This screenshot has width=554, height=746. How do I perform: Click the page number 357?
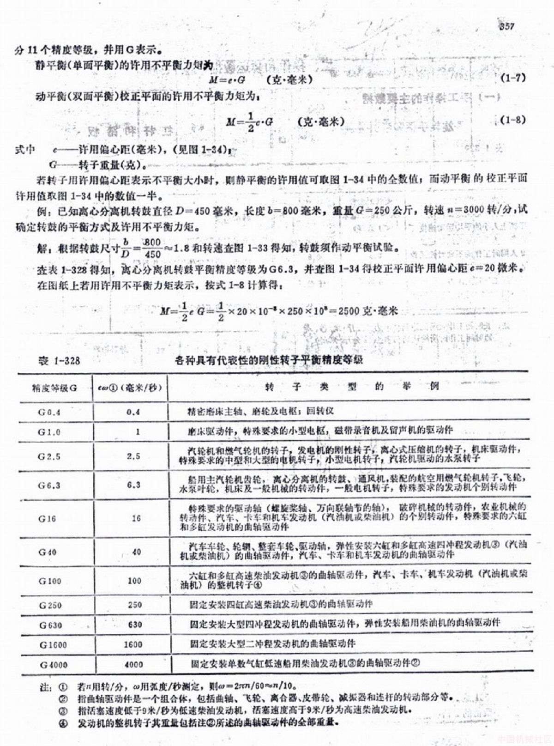(x=506, y=26)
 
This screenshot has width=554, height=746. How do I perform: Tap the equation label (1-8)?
(x=513, y=120)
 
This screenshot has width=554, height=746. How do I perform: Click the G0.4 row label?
(x=49, y=412)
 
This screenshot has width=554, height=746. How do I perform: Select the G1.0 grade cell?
(x=49, y=431)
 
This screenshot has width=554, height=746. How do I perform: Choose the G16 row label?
(x=48, y=518)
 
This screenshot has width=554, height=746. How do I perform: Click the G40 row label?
(x=48, y=552)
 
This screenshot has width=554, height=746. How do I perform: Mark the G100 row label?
(x=50, y=581)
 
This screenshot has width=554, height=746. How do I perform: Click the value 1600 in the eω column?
(x=133, y=645)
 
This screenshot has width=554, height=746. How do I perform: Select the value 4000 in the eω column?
(x=134, y=665)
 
